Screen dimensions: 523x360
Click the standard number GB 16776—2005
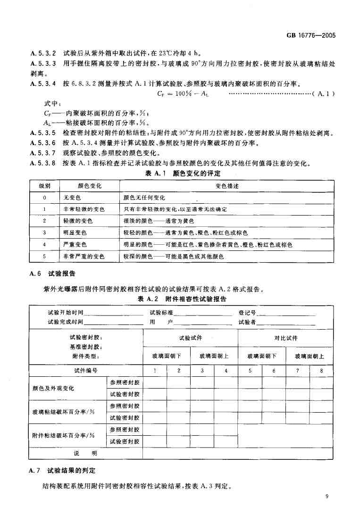(x=311, y=35)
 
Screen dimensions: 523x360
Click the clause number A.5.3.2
(x=43, y=53)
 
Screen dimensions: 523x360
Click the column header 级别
(x=44, y=186)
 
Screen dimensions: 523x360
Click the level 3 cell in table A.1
(x=44, y=233)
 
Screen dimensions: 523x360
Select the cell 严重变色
(x=75, y=245)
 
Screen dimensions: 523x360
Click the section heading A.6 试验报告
(x=52, y=274)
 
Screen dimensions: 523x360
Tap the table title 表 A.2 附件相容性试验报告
(x=182, y=299)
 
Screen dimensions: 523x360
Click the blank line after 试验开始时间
(x=113, y=313)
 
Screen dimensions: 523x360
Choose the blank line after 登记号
(x=286, y=313)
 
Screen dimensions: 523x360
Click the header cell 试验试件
(x=190, y=338)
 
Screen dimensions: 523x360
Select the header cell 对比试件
(x=286, y=338)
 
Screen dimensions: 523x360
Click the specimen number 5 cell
(x=250, y=371)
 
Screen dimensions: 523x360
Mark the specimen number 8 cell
(x=322, y=371)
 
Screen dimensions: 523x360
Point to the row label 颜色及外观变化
(x=53, y=388)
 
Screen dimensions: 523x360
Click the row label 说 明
(x=85, y=453)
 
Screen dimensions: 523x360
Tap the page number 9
(x=327, y=496)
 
